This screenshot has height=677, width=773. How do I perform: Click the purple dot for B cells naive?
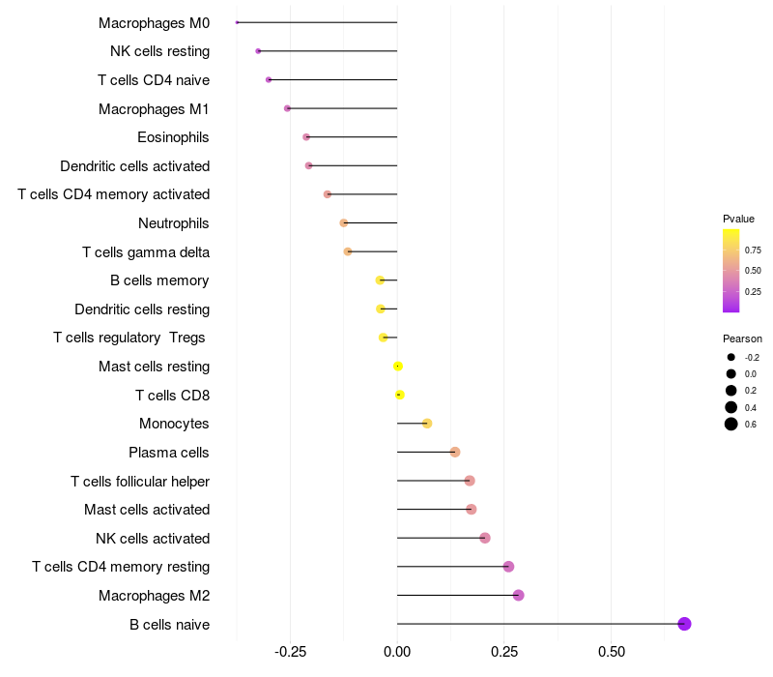point(684,624)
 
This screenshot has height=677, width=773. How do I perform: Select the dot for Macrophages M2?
point(518,595)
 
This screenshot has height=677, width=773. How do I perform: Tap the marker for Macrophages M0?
point(237,22)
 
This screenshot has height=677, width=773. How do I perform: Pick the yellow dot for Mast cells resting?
point(398,367)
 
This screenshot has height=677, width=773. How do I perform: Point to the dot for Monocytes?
point(427,424)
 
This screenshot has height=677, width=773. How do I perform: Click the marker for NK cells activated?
point(485,538)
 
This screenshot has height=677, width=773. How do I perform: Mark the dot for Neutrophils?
point(344,223)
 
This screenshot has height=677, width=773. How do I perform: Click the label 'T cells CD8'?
point(172,395)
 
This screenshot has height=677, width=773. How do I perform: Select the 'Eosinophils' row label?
point(173,137)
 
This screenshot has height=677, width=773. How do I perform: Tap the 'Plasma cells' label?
point(169,452)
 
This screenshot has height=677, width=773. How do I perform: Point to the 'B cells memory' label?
point(160,280)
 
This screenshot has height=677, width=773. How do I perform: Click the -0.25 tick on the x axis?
point(291,652)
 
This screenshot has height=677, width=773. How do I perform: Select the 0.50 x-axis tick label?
point(611,652)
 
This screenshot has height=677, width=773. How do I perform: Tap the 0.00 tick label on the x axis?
point(397,652)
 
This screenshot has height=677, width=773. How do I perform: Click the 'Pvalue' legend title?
point(738,219)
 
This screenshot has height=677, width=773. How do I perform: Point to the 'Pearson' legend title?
point(742,338)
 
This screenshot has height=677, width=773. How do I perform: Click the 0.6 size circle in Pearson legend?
point(731,424)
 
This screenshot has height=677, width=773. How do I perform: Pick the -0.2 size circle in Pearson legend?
point(731,357)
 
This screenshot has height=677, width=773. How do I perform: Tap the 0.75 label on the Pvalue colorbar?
point(753,250)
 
